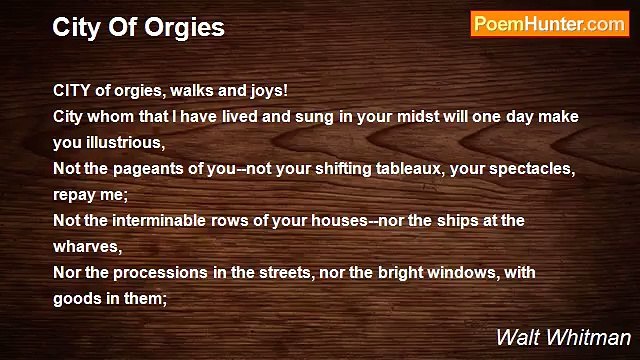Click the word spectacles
[530, 168]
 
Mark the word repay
[76, 194]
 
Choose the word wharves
[84, 246]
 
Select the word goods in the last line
[74, 298]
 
